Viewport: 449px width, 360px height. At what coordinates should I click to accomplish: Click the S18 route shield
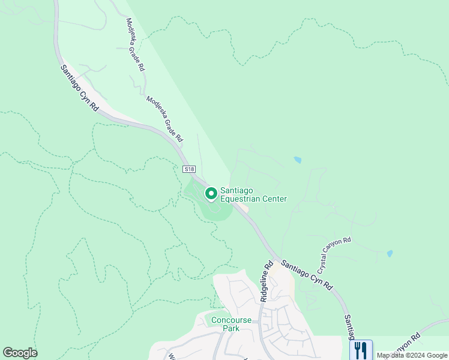pyautogui.click(x=189, y=170)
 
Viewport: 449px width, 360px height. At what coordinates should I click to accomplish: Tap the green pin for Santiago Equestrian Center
pyautogui.click(x=211, y=193)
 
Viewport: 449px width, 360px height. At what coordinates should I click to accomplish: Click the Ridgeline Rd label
pyautogui.click(x=267, y=281)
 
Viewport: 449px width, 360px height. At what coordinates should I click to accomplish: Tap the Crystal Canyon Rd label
pyautogui.click(x=334, y=252)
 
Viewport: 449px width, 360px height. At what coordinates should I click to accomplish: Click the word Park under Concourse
pyautogui.click(x=230, y=328)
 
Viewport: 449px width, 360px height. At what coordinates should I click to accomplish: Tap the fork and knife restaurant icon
pyautogui.click(x=361, y=349)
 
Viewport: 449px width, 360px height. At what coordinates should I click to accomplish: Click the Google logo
pyautogui.click(x=20, y=353)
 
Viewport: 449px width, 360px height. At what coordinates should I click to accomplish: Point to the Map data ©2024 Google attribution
pyautogui.click(x=412, y=355)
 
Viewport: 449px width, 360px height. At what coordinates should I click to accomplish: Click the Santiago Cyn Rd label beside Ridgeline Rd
pyautogui.click(x=306, y=276)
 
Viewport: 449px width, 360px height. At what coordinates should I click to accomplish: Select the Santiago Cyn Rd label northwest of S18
pyautogui.click(x=79, y=88)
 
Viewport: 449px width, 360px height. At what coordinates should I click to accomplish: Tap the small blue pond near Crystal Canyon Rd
pyautogui.click(x=390, y=254)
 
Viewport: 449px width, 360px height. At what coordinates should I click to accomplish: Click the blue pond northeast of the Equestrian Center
pyautogui.click(x=298, y=160)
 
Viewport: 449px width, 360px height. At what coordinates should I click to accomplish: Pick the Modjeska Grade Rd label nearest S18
pyautogui.click(x=164, y=118)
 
